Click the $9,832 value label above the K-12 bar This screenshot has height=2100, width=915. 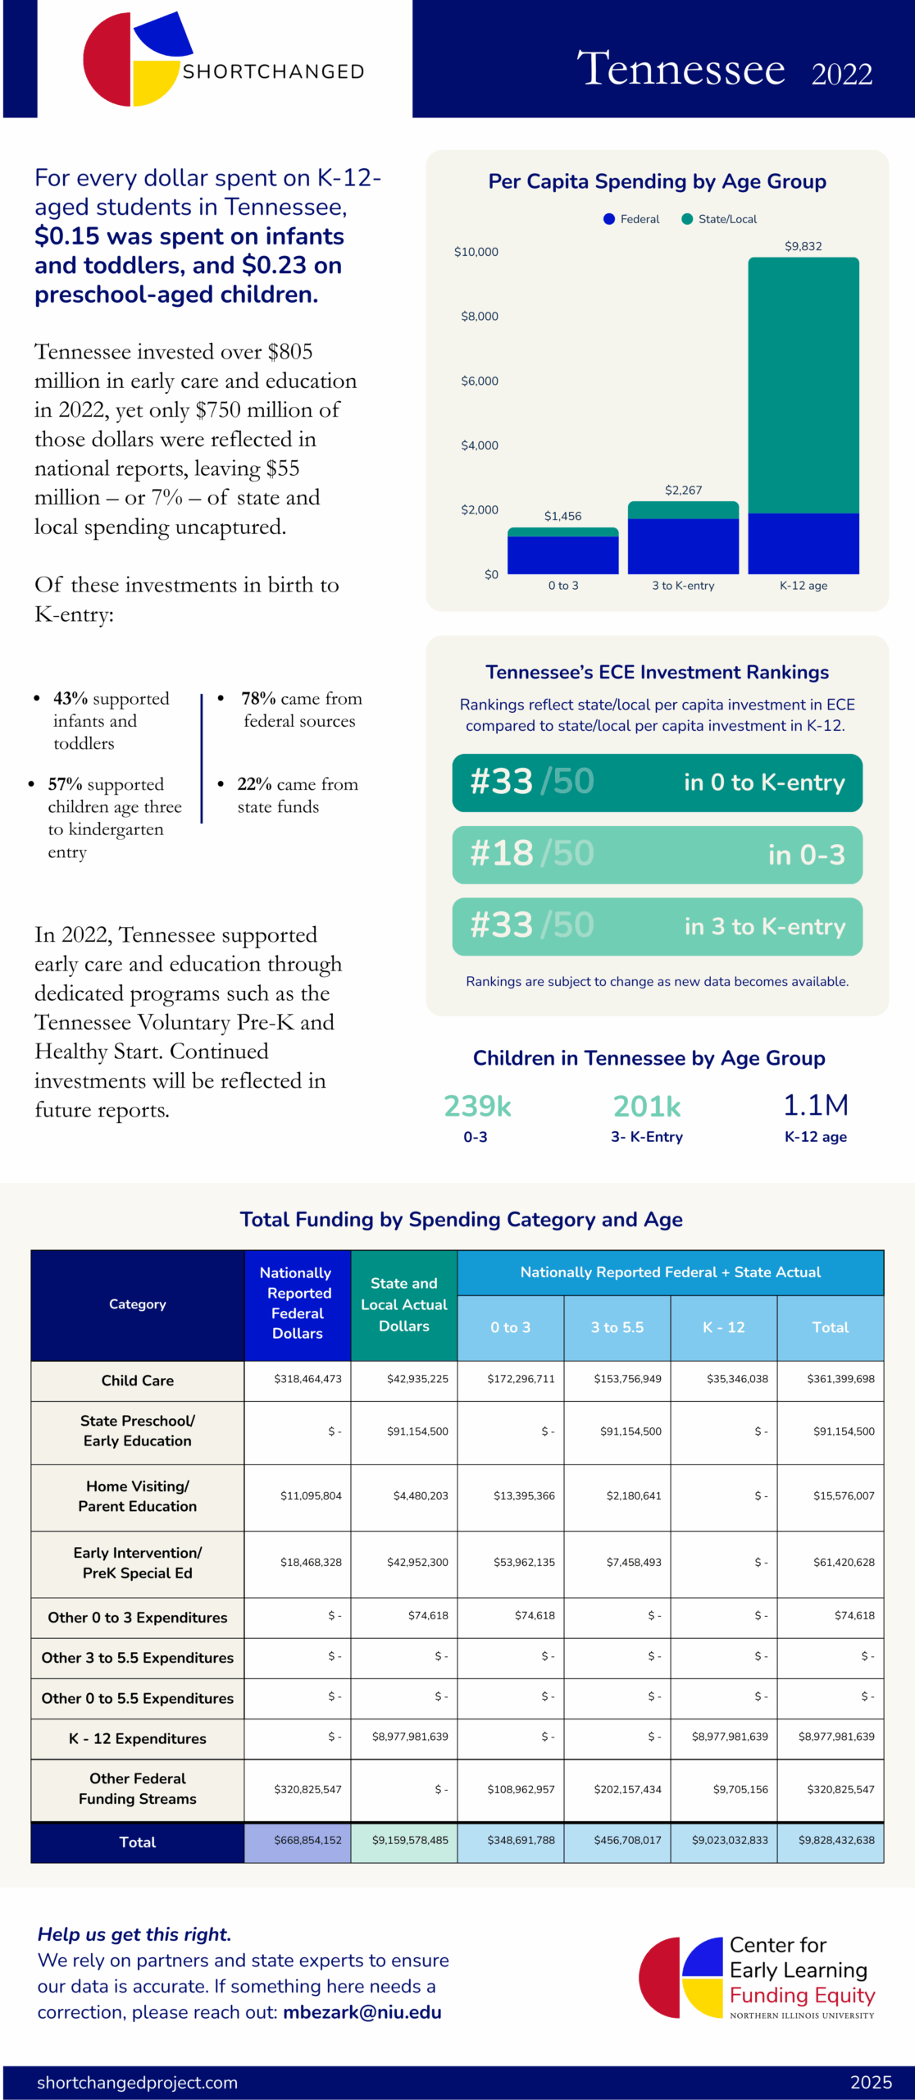tap(803, 246)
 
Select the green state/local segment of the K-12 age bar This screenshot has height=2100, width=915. tap(803, 386)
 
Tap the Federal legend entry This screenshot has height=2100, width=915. tap(631, 219)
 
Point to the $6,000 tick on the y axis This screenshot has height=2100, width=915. tap(480, 381)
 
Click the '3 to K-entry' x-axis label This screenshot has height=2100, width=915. tap(683, 586)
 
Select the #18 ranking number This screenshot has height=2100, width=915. tap(502, 854)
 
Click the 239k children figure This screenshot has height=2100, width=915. tap(477, 1107)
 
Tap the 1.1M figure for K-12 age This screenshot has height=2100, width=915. tap(815, 1106)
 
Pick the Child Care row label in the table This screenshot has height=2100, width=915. tap(137, 1381)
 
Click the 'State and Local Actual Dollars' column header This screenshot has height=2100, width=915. tap(403, 1304)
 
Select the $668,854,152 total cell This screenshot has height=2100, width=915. tap(307, 1840)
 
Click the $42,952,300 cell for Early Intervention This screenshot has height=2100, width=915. tap(417, 1562)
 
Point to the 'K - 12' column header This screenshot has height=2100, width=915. tap(723, 1327)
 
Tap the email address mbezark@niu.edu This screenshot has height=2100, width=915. tap(362, 2011)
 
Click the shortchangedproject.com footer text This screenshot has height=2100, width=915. tap(137, 2082)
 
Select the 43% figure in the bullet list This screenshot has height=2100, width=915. tap(71, 699)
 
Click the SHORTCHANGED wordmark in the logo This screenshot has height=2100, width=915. tap(273, 72)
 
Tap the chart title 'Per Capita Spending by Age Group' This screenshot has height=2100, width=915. tap(657, 181)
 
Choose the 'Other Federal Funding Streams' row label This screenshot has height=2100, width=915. tap(137, 1788)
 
